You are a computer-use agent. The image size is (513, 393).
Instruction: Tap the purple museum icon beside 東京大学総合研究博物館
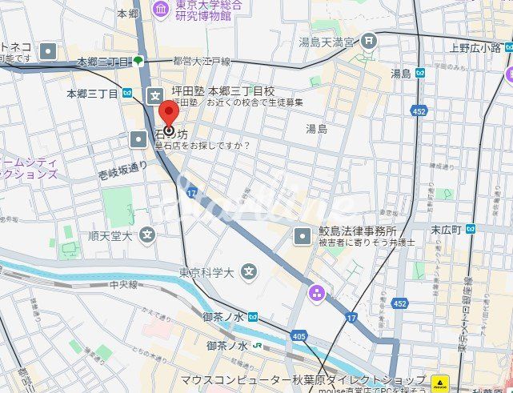click(x=161, y=9)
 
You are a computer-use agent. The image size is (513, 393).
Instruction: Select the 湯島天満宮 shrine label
click(x=329, y=41)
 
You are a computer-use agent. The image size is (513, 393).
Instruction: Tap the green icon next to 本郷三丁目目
click(x=138, y=61)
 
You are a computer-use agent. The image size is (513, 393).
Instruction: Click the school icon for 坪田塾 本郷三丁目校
click(x=154, y=95)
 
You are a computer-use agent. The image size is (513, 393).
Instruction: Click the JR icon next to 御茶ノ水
click(x=259, y=346)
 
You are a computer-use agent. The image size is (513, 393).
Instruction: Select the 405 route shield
click(x=299, y=335)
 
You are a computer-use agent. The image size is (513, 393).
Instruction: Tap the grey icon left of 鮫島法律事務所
click(x=302, y=236)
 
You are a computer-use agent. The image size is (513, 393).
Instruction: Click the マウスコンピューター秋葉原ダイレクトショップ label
click(x=303, y=379)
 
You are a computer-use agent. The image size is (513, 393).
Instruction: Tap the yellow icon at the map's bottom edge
click(x=439, y=381)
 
